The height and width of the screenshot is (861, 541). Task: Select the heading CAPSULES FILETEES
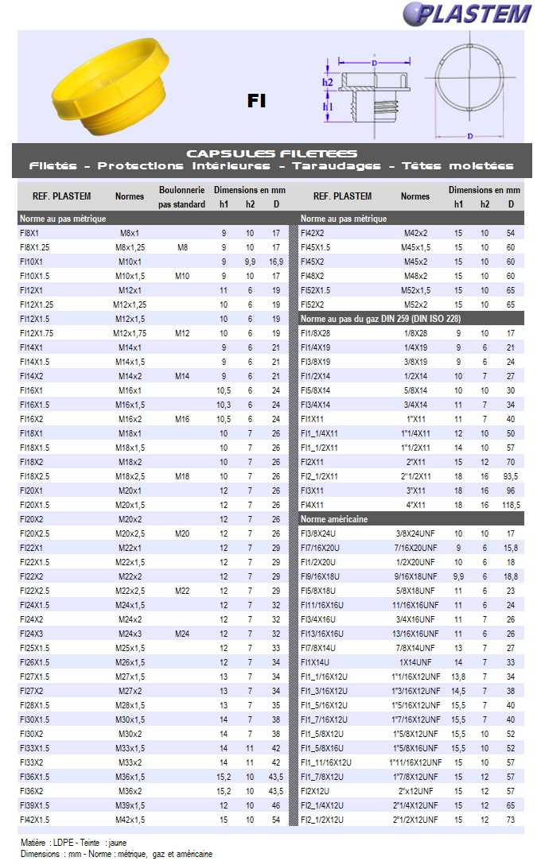271,153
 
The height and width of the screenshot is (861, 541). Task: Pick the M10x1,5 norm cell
130,276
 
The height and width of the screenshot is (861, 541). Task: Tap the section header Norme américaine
334,519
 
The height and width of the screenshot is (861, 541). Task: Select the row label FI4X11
313,505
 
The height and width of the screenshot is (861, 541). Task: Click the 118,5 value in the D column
512,505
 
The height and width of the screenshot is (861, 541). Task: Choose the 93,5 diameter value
512,476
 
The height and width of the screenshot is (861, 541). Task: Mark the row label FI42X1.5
35,820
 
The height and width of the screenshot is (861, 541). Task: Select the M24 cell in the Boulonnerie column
182,634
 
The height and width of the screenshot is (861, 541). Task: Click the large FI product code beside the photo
256,101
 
